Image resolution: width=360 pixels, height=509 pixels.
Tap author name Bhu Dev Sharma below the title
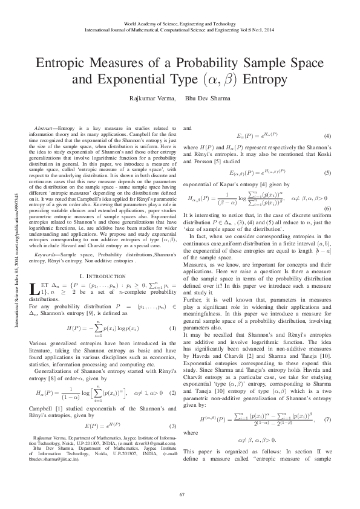[206, 97]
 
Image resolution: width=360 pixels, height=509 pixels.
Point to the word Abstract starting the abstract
[45, 131]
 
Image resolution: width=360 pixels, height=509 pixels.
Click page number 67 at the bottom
[180, 496]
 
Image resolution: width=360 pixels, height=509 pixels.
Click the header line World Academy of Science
[180, 21]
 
